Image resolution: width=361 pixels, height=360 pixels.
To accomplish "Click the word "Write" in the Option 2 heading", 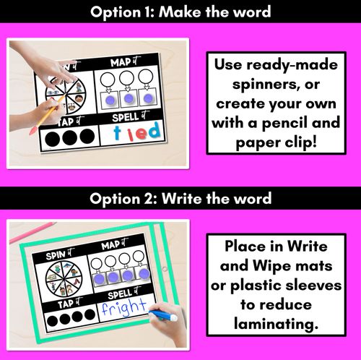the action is [x=182, y=199].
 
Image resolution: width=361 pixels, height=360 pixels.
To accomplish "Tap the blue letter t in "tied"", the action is [x=117, y=132].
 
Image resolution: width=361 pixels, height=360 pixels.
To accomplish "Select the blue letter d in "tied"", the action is [x=153, y=129].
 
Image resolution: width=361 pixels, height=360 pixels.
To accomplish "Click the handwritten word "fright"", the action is [x=123, y=307].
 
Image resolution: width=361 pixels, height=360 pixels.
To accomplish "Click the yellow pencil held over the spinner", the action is [x=47, y=114].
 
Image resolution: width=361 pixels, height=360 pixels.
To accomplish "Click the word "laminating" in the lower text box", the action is [x=276, y=324].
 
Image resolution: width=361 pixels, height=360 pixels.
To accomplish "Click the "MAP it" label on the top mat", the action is [x=125, y=61].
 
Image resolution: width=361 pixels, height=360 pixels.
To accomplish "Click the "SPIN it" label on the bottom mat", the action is [x=60, y=254].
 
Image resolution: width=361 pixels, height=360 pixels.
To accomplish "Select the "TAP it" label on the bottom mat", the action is [x=70, y=303].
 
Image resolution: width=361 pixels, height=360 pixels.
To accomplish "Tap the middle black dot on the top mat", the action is [x=69, y=137].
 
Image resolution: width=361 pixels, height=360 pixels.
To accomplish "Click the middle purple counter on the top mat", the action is [x=129, y=98].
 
